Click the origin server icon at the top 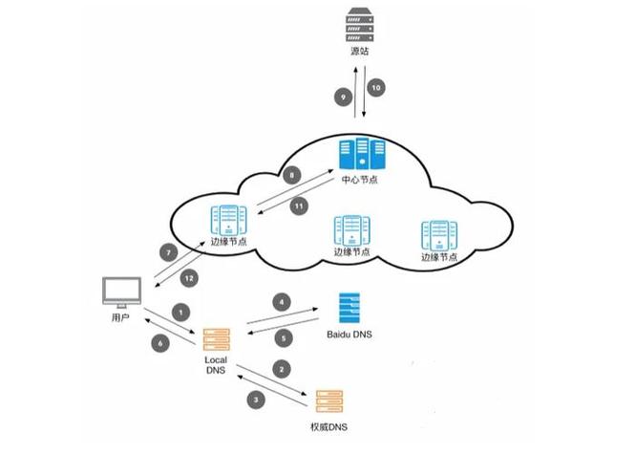click(x=357, y=25)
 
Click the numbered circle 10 click(x=376, y=87)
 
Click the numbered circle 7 click(x=168, y=253)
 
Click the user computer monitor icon click(x=121, y=292)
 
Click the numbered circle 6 click(x=159, y=342)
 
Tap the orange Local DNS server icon click(x=216, y=339)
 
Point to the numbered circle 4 click(x=281, y=303)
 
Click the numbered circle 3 click(x=255, y=399)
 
